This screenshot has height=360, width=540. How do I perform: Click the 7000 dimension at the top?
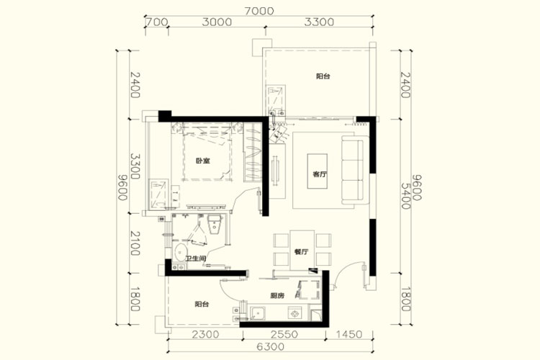pyautogui.click(x=259, y=11)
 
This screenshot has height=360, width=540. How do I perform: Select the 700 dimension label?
pyautogui.click(x=157, y=22)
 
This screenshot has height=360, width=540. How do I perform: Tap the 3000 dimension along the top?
pyautogui.click(x=217, y=22)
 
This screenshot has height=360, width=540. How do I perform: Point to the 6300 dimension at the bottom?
pyautogui.click(x=271, y=346)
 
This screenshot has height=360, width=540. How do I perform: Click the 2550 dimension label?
pyautogui.click(x=284, y=334)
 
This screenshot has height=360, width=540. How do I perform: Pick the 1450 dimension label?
pyautogui.click(x=348, y=334)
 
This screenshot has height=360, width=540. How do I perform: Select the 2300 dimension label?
pyautogui.click(x=205, y=334)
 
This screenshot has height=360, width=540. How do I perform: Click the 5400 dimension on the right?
pyautogui.click(x=405, y=196)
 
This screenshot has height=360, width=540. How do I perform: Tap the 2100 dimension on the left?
pyautogui.click(x=135, y=243)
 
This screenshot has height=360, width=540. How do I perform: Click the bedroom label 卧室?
pyautogui.click(x=203, y=161)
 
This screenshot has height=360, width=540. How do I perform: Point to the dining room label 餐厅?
pyautogui.click(x=302, y=252)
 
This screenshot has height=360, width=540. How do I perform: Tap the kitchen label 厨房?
pyautogui.click(x=277, y=296)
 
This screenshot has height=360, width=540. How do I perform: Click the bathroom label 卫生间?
pyautogui.click(x=196, y=258)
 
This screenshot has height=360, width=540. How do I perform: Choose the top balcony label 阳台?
pyautogui.click(x=323, y=76)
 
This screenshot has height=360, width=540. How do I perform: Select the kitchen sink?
pyautogui.click(x=258, y=313)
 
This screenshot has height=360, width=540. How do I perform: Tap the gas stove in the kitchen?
pyautogui.click(x=294, y=313)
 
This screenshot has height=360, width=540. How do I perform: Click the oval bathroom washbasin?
pyautogui.click(x=180, y=253)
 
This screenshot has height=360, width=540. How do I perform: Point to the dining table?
pyautogui.click(x=302, y=250)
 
